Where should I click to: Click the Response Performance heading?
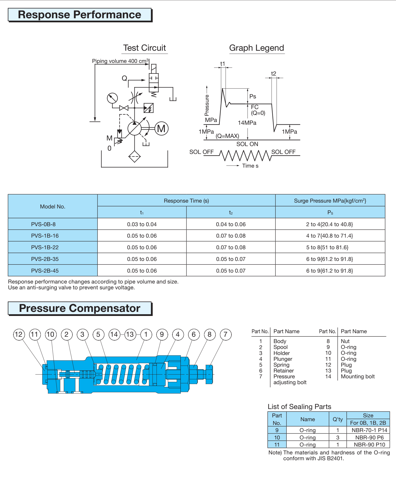pyautogui.click(x=80, y=15)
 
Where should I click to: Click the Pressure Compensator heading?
pyautogui.click(x=80, y=308)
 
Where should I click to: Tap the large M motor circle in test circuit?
pyautogui.click(x=161, y=129)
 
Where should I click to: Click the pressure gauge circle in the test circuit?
pyautogui.click(x=112, y=98)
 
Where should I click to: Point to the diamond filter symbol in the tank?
pyautogui.click(x=134, y=156)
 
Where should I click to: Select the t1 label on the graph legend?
pyautogui.click(x=223, y=64)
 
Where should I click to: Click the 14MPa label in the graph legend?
pyautogui.click(x=247, y=123)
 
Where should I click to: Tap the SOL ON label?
pyautogui.click(x=247, y=144)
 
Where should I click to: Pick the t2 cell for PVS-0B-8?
pyautogui.click(x=231, y=224)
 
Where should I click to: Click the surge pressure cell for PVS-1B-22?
pyautogui.click(x=330, y=247)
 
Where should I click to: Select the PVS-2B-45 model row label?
pyautogui.click(x=45, y=271)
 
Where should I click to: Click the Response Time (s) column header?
pyautogui.click(x=186, y=201)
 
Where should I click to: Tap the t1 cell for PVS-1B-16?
pyautogui.click(x=142, y=236)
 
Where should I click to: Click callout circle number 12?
pyautogui.click(x=19, y=334)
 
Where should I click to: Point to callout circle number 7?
pyautogui.click(x=225, y=334)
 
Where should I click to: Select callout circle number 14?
pyautogui.click(x=114, y=334)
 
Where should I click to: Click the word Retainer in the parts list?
pyautogui.click(x=284, y=371)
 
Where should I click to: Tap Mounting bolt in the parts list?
pyautogui.click(x=358, y=377)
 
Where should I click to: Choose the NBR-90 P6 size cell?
pyautogui.click(x=369, y=437)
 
